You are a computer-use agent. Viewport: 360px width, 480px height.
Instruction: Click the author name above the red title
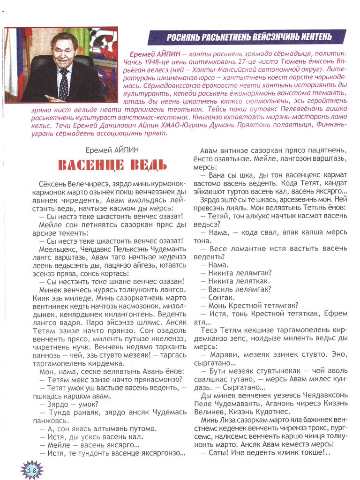(112, 150)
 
